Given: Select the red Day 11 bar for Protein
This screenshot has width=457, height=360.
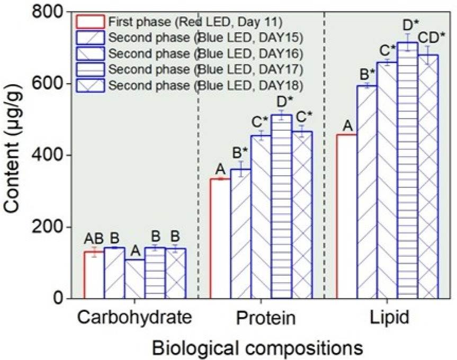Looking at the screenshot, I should pyautogui.click(x=220, y=239).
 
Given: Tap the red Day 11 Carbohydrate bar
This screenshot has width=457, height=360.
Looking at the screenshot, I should pyautogui.click(x=94, y=275).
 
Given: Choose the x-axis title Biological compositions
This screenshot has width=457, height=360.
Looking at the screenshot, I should pyautogui.click(x=257, y=348).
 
